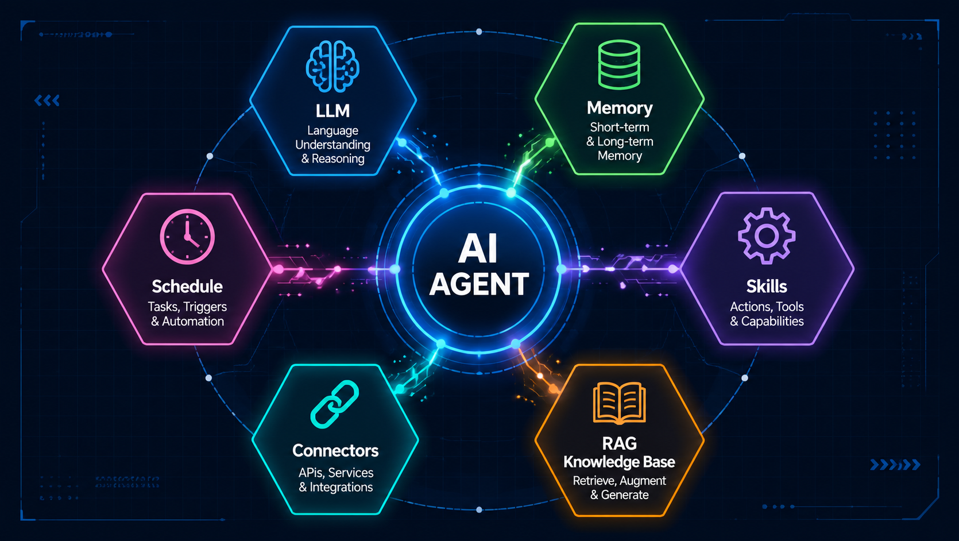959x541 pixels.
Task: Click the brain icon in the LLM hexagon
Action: point(332,67)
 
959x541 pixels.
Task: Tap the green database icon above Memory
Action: point(619,65)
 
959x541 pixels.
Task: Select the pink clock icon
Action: point(187,236)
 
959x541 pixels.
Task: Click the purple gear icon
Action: point(767,235)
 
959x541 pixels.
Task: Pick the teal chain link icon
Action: point(334,404)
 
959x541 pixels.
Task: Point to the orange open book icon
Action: point(619,403)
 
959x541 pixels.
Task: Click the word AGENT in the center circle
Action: point(479,284)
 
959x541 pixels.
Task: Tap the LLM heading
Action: point(332,111)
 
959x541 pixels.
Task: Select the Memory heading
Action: point(620,108)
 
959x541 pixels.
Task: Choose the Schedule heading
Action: point(187,287)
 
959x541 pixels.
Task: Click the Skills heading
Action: point(767,287)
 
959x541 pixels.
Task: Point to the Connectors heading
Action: point(335,450)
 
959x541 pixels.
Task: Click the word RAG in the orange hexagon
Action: point(619,443)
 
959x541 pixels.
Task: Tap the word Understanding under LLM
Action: point(332,145)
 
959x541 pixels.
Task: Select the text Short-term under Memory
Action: point(620,127)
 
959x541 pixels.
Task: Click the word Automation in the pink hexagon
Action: point(192,321)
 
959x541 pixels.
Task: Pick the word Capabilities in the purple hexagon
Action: point(772,321)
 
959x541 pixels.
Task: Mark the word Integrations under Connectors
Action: point(341,487)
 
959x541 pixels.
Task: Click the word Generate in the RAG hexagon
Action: point(625,495)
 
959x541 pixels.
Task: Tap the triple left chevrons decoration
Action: point(47,101)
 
